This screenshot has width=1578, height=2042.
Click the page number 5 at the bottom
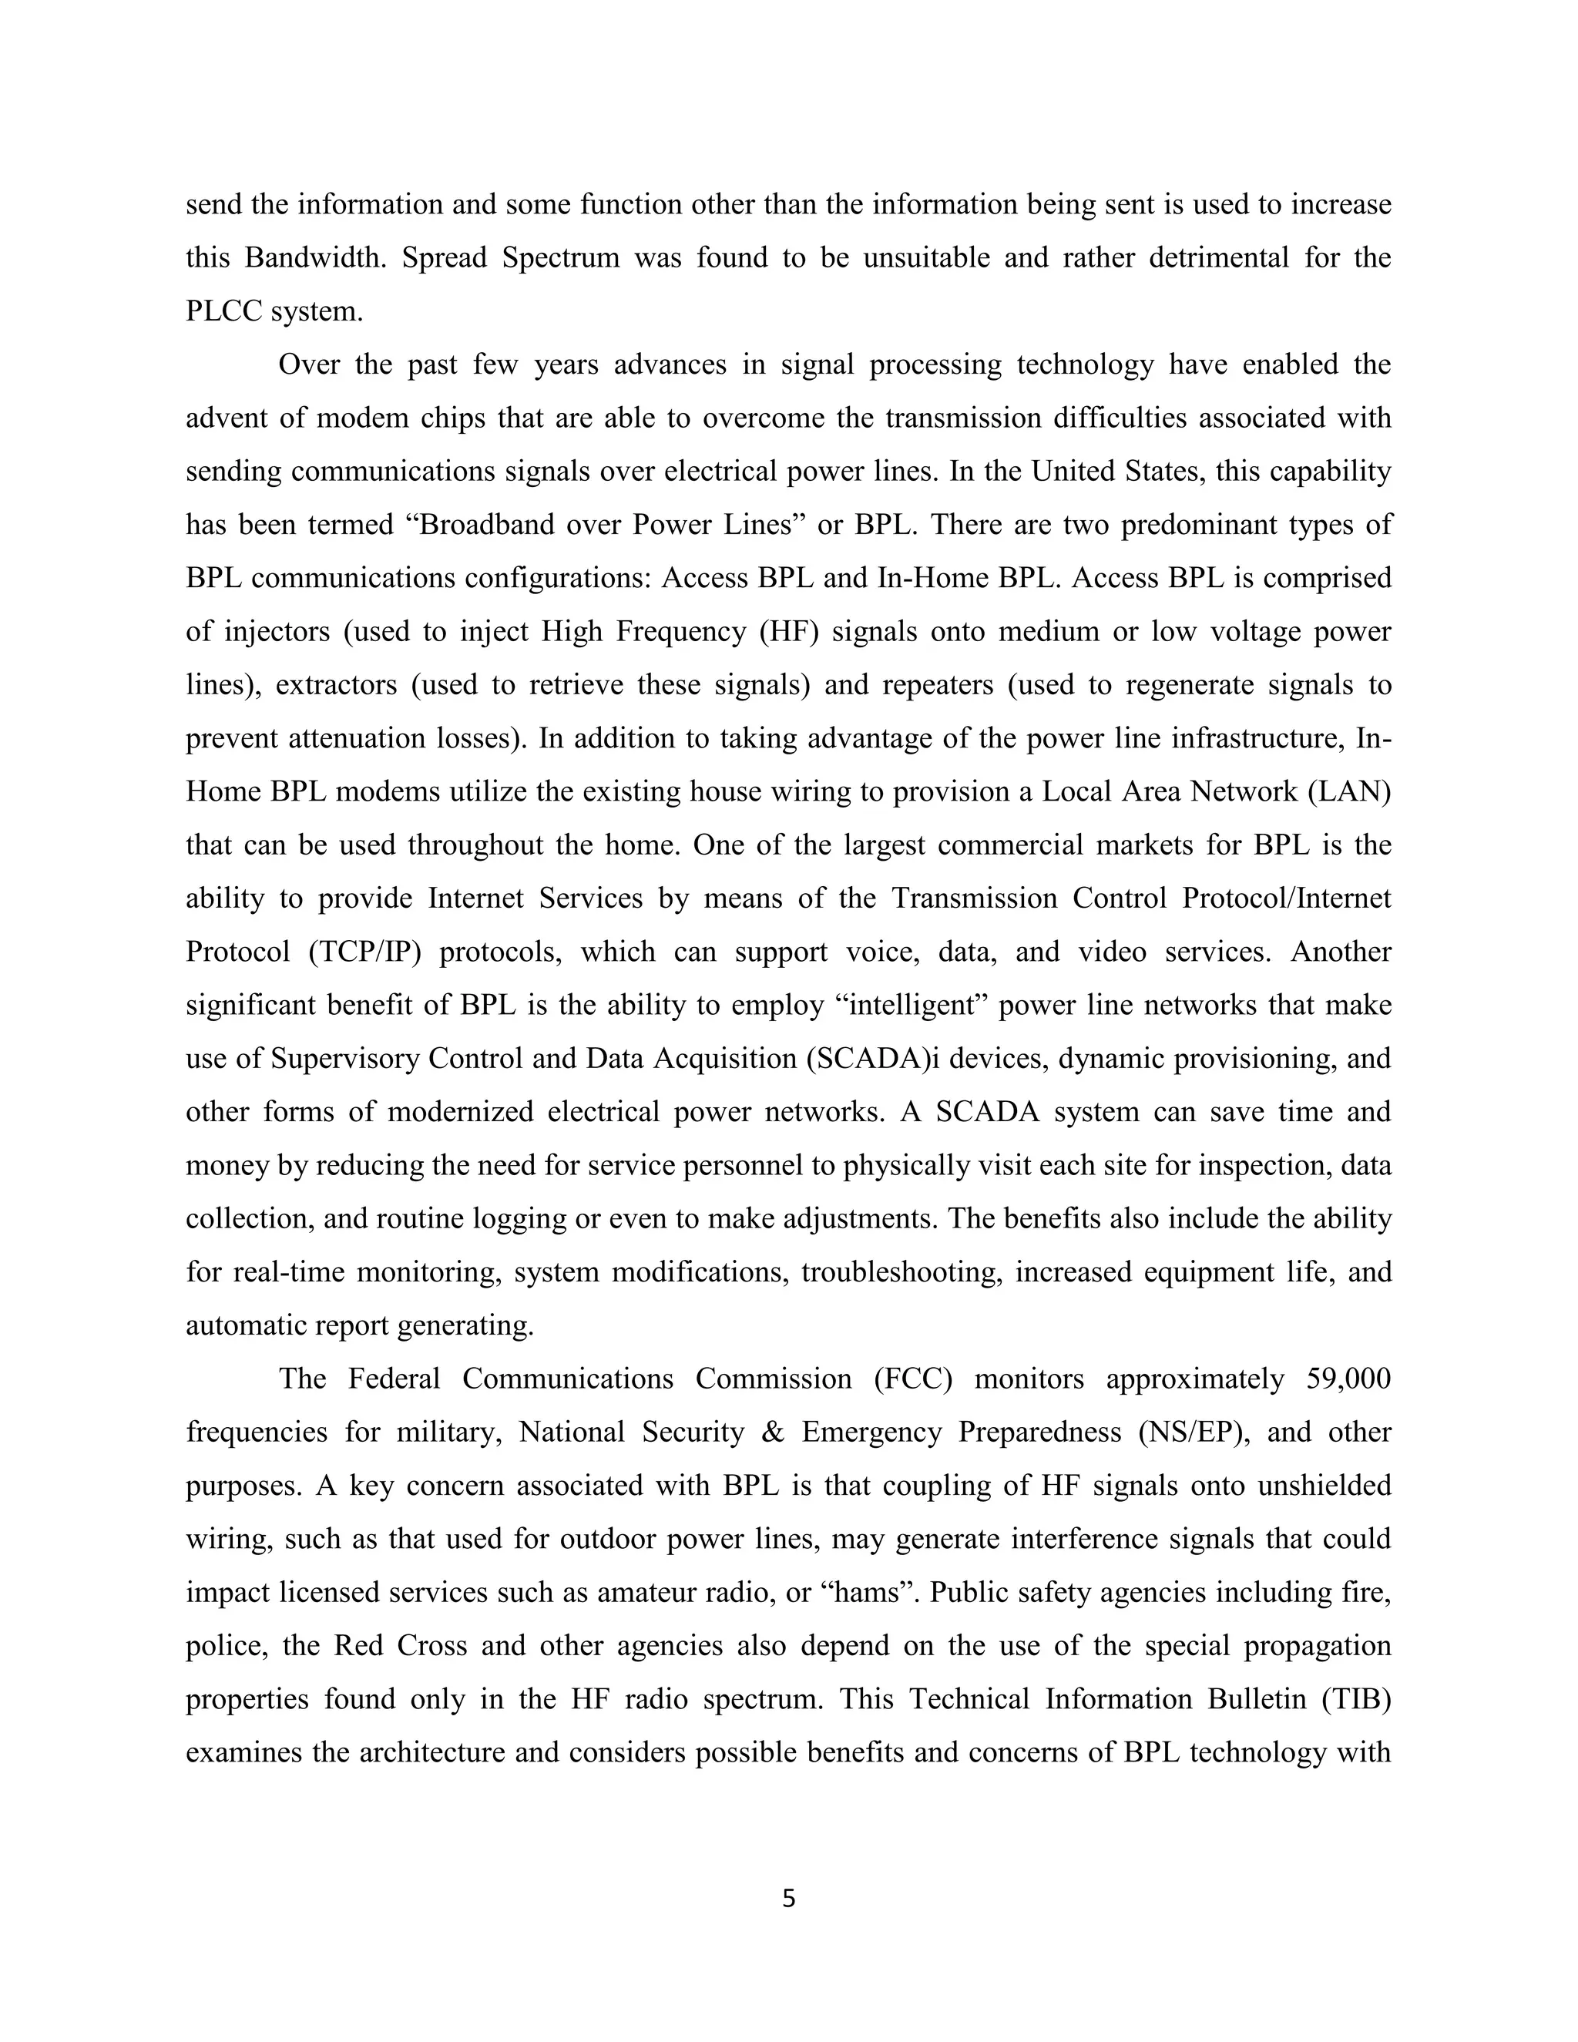pyautogui.click(x=788, y=1899)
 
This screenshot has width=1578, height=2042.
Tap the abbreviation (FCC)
pyautogui.click(x=912, y=1379)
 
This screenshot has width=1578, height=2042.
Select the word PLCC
pyautogui.click(x=224, y=311)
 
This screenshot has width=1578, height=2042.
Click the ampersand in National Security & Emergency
pyautogui.click(x=772, y=1432)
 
